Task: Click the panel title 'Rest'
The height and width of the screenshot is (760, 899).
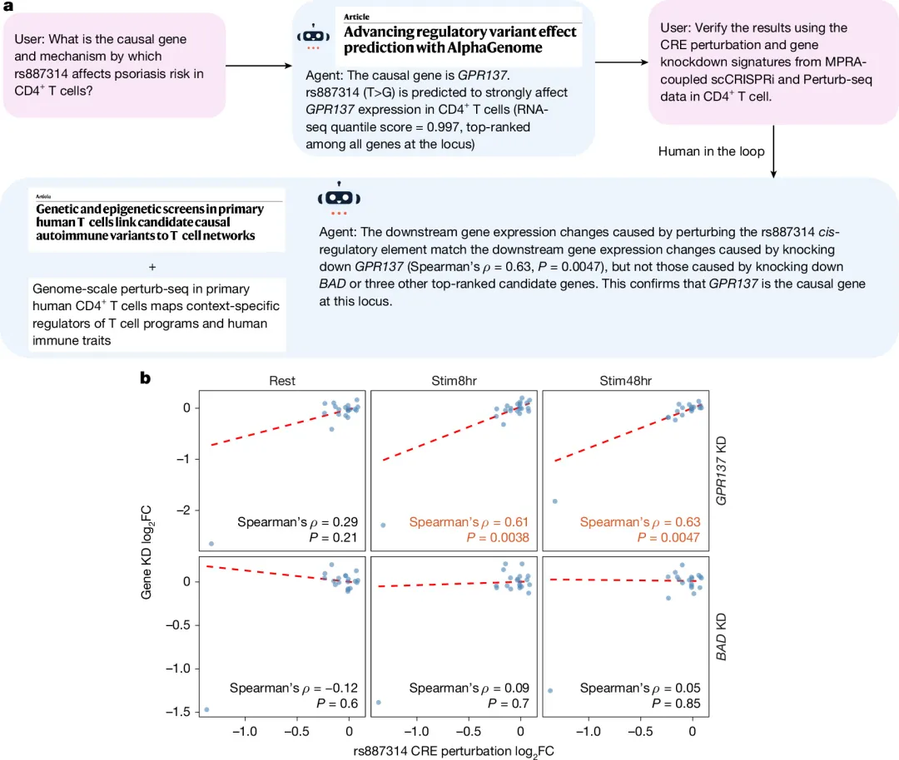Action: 282,381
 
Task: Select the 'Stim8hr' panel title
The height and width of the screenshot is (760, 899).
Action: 454,381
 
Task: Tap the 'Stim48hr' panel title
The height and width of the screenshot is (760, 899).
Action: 625,381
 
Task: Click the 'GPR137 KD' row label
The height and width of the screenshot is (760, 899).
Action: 721,471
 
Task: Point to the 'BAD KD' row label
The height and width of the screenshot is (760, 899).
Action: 721,637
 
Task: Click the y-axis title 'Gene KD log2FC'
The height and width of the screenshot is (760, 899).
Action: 147,553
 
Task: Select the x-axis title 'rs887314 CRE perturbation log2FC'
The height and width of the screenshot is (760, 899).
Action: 454,752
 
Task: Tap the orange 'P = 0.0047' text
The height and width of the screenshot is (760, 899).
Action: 668,537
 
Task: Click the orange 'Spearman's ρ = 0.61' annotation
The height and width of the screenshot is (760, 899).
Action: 469,521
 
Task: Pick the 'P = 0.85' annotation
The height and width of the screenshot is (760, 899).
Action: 676,703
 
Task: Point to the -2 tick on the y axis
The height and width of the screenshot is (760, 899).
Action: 183,510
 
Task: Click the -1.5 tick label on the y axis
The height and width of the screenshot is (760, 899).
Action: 178,711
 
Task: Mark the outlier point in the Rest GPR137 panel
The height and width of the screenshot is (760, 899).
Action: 211,544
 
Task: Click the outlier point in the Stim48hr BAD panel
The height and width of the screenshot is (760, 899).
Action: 550,691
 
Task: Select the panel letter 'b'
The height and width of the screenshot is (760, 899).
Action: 145,378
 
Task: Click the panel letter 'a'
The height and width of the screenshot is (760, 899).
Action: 8,7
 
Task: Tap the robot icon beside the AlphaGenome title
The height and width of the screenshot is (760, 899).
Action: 313,37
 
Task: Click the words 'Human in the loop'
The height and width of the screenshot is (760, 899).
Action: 712,151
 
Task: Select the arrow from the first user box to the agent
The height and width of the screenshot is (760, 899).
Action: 259,66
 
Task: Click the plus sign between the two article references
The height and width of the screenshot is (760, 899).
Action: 152,267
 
